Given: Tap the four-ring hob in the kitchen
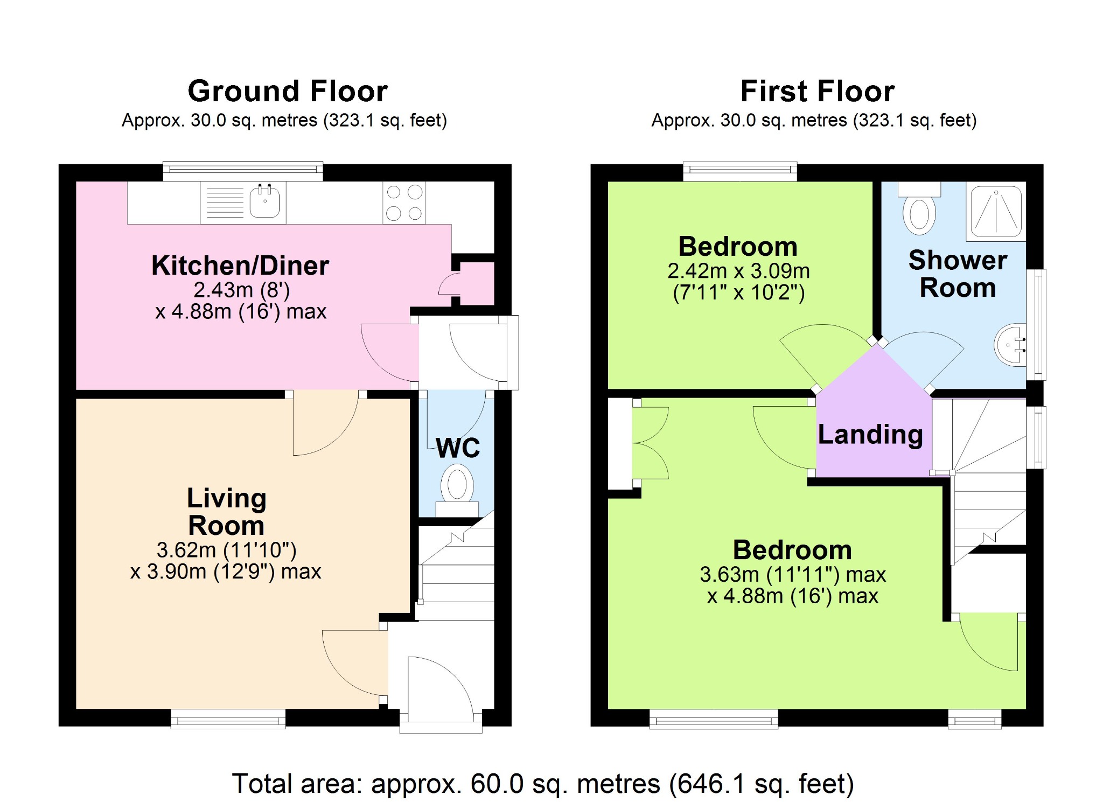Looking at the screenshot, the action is point(404,203).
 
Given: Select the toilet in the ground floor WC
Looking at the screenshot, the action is point(457,490).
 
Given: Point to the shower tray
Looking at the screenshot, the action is point(996,211).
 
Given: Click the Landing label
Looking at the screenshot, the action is point(870,434).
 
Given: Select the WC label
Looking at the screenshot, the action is point(458,448).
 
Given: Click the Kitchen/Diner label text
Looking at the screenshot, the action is point(240,266).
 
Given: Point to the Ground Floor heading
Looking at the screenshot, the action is point(288,90).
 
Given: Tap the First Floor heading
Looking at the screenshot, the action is point(818,90).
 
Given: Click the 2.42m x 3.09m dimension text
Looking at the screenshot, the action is point(738,271).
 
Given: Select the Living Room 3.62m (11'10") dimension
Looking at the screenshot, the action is point(227,550).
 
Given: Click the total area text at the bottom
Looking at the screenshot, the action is point(543,784).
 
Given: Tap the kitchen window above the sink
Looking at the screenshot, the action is point(243,171).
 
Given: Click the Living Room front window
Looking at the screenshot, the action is point(228,719).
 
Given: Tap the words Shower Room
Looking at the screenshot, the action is point(958,274).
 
